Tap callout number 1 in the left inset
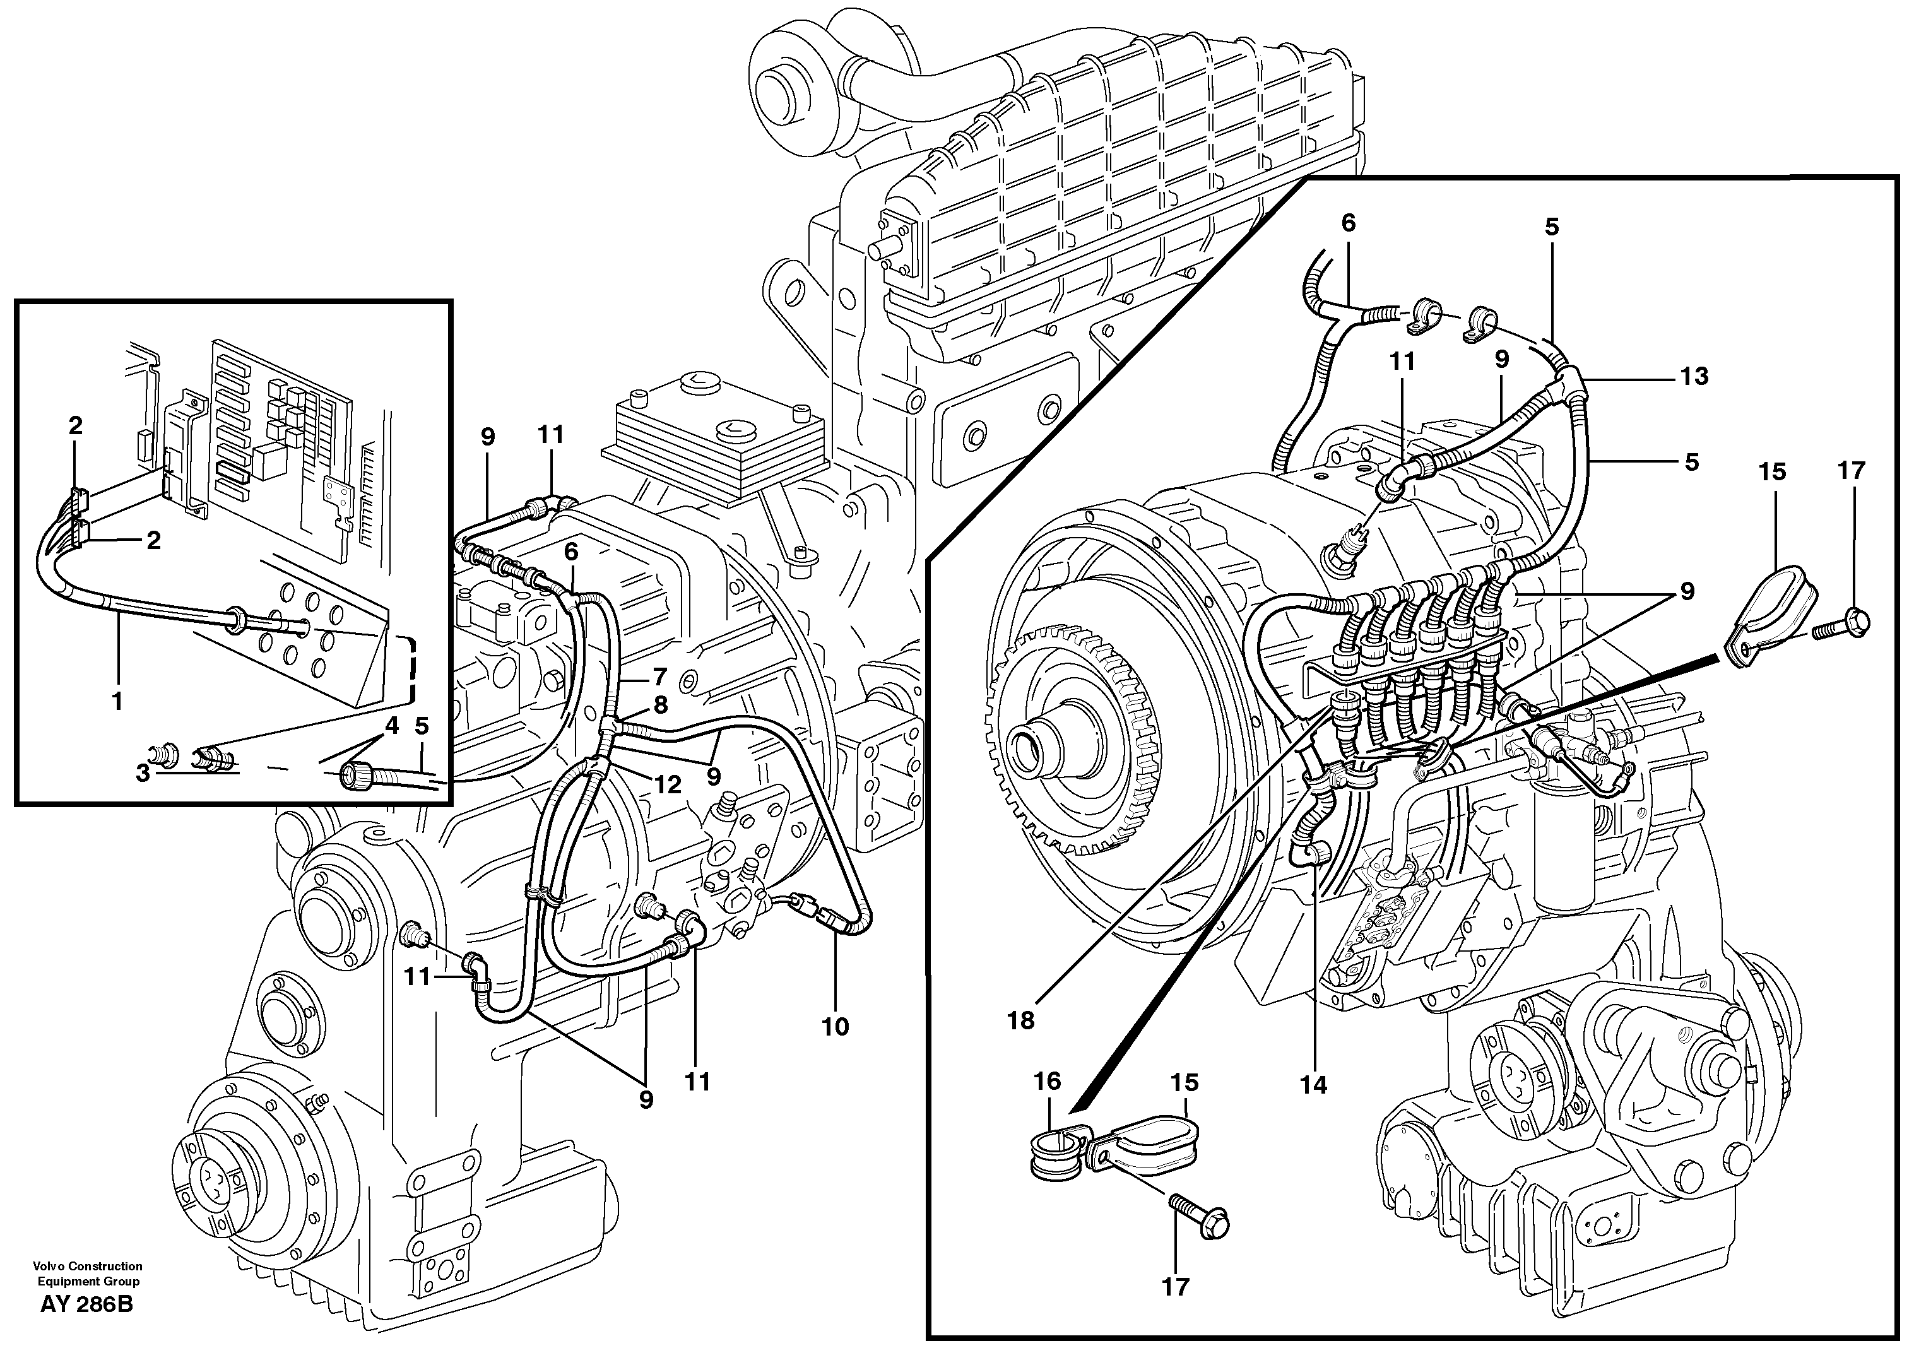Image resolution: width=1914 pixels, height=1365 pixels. click(117, 700)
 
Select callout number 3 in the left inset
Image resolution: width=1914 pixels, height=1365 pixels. click(143, 772)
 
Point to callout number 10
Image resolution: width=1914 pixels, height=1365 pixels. click(836, 1026)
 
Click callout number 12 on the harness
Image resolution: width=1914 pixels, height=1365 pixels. click(668, 785)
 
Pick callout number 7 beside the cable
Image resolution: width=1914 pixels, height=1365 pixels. click(659, 675)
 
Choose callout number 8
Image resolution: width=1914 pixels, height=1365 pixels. click(661, 704)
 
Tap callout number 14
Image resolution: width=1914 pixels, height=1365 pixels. click(1313, 1085)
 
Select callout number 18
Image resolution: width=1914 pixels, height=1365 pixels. click(1021, 1020)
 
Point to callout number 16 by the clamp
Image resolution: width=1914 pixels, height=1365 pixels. click(1048, 1081)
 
